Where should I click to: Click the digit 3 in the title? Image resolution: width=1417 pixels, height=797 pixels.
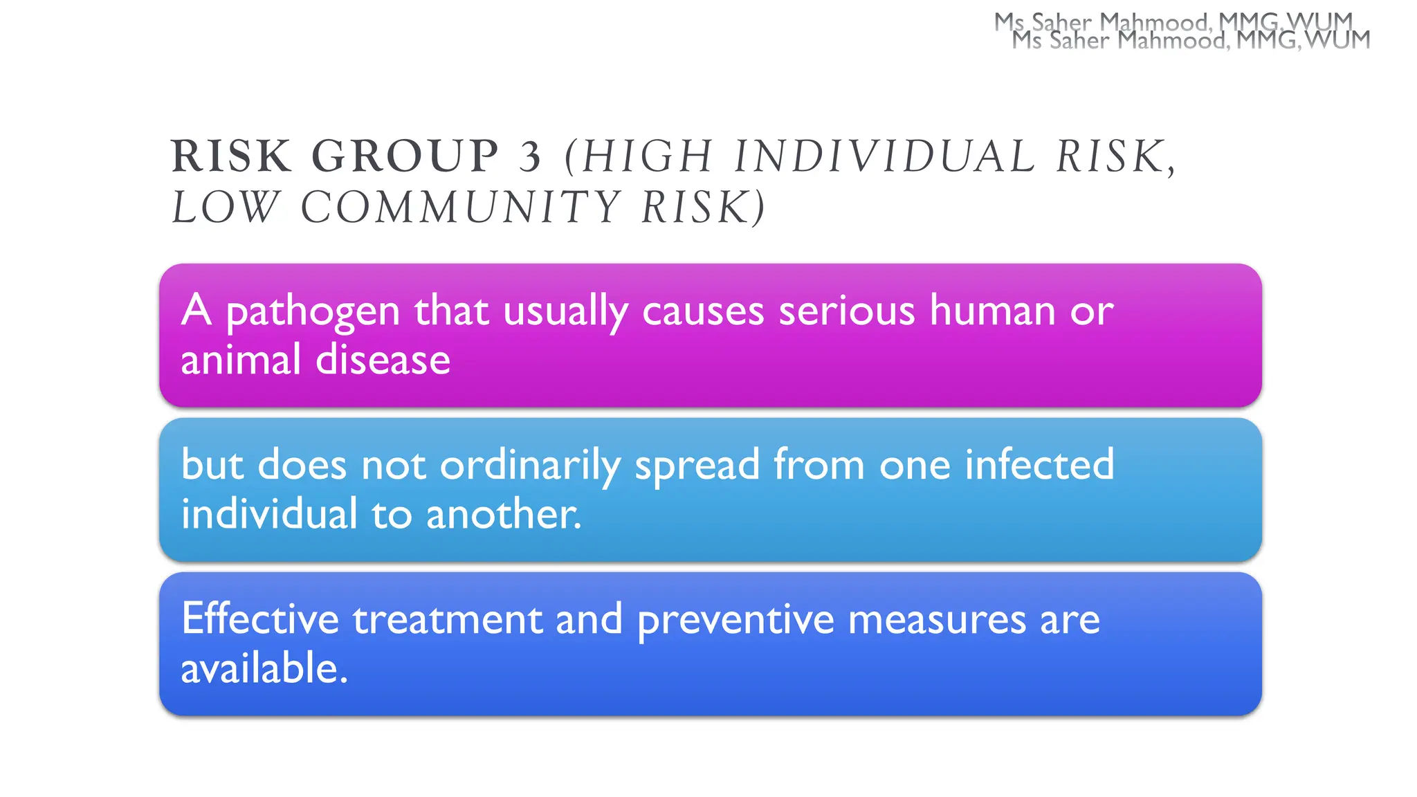coord(530,156)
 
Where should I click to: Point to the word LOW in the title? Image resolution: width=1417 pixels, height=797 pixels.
coord(225,208)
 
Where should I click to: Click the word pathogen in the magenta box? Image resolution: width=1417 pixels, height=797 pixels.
coord(313,311)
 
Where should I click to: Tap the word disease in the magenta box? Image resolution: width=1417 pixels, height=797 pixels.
coord(383,360)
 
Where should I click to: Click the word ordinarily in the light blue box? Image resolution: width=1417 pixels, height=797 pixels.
coord(530,465)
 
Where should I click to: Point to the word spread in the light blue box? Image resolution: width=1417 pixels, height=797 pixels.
coord(697,465)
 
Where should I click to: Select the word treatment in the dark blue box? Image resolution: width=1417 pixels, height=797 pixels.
coord(448,619)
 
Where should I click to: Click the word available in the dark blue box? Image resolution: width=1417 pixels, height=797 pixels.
coord(264,668)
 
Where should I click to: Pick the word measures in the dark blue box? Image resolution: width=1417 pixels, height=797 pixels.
coord(937,619)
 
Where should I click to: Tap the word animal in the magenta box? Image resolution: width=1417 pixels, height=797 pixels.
coord(241,360)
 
